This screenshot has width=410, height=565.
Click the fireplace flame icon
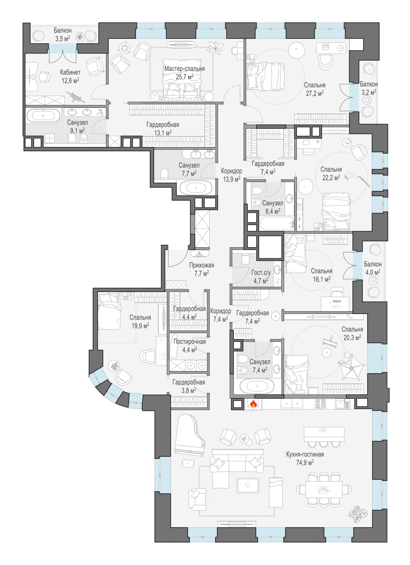(x=254, y=404)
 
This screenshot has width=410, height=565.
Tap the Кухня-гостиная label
(x=305, y=454)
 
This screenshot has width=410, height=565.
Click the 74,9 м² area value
(x=305, y=463)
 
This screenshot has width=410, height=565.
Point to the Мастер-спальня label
(x=184, y=69)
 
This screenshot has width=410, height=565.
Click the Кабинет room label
(x=70, y=72)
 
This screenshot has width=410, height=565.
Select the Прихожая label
(x=201, y=265)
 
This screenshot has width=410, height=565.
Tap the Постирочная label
(x=189, y=342)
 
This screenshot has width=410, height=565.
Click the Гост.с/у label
(x=261, y=273)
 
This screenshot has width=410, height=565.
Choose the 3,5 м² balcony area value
(x=62, y=38)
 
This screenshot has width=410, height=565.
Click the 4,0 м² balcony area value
(x=372, y=272)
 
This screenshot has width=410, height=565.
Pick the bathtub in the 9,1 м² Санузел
(x=43, y=115)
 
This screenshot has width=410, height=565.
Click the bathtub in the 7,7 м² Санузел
(x=196, y=188)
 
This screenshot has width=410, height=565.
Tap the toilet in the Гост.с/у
(x=245, y=259)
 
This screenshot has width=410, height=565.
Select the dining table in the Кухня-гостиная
(x=323, y=489)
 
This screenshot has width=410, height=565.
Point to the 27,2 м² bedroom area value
(x=314, y=93)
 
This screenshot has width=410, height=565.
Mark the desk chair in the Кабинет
(x=44, y=76)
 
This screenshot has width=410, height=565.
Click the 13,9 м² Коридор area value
(x=231, y=179)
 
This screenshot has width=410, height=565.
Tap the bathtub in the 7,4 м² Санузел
(x=257, y=386)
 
